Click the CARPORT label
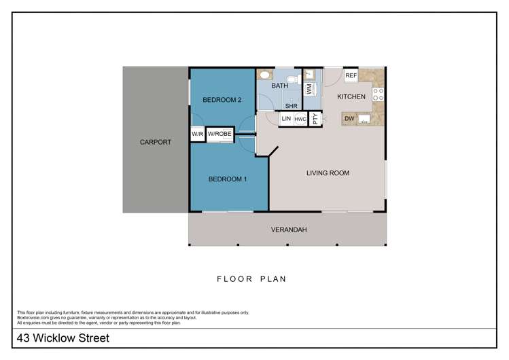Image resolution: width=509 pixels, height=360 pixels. click(156, 142)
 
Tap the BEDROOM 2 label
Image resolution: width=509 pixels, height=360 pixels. click(222, 100)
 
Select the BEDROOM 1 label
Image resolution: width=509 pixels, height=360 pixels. click(228, 179)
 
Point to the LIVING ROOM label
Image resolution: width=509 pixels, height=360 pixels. click(328, 173)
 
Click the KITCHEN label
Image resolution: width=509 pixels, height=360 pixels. click(351, 96)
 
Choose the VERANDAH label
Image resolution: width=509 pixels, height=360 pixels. click(289, 230)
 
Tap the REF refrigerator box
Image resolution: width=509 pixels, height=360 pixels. click(351, 75)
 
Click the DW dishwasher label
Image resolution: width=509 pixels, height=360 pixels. click(349, 119)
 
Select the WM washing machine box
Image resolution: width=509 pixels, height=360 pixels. click(309, 88)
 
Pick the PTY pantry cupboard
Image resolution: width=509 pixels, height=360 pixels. click(315, 119)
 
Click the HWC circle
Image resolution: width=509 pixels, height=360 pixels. click(300, 119)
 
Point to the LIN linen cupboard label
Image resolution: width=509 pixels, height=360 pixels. click(286, 119)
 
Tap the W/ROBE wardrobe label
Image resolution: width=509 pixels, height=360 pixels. click(220, 134)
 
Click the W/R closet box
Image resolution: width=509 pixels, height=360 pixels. click(197, 134)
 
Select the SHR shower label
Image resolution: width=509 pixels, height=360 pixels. click(291, 106)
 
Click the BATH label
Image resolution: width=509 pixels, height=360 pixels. click(279, 86)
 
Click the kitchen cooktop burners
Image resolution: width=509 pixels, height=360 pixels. click(378, 94)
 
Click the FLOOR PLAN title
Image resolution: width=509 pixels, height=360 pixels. click(251, 279)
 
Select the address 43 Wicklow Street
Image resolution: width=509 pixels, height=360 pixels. click(63, 338)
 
